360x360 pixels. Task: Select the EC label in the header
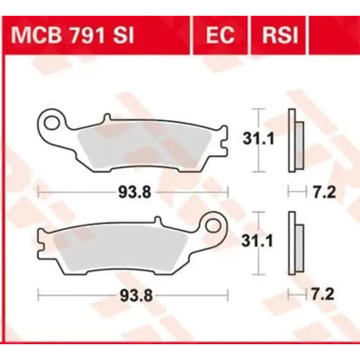coord(220,36)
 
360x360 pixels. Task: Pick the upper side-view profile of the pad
coord(295,140)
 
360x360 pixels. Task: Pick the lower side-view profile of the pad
coord(295,243)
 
